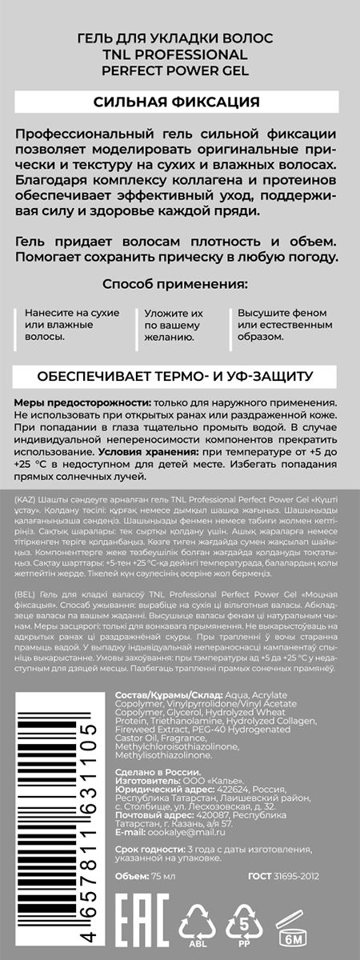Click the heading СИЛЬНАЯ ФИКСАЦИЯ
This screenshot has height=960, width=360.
(x=179, y=101)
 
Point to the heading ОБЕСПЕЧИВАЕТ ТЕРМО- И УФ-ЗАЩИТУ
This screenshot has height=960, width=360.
(x=179, y=375)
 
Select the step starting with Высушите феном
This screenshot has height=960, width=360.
(x=282, y=325)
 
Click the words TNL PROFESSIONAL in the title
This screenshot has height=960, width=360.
(x=179, y=54)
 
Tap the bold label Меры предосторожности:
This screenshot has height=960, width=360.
(x=66, y=403)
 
